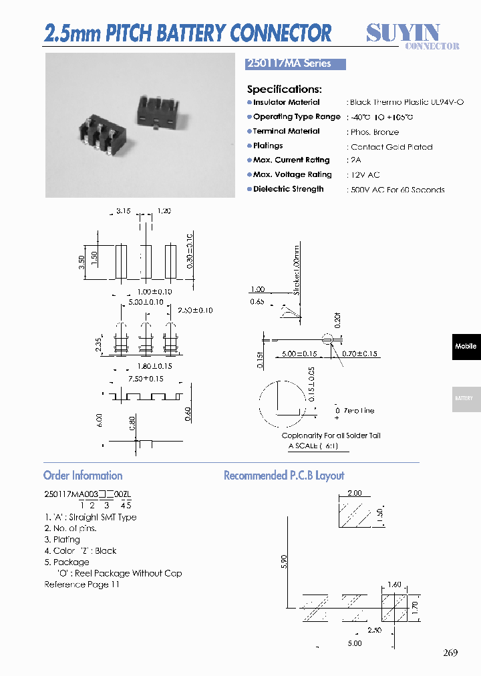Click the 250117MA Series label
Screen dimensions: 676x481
click(289, 64)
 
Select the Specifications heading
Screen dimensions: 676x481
click(284, 90)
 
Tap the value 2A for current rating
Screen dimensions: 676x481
click(355, 161)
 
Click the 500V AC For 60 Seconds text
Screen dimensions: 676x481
click(397, 190)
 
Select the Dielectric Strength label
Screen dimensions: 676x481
click(288, 189)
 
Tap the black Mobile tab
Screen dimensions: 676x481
click(466, 347)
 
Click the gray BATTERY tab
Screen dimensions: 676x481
click(464, 398)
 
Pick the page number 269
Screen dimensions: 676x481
click(450, 653)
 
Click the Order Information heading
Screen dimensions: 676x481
click(83, 476)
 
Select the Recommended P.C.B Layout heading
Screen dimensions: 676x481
click(284, 476)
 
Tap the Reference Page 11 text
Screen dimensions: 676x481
click(82, 584)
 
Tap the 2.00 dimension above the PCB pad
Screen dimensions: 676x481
click(354, 493)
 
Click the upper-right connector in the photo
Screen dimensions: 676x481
click(157, 108)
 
